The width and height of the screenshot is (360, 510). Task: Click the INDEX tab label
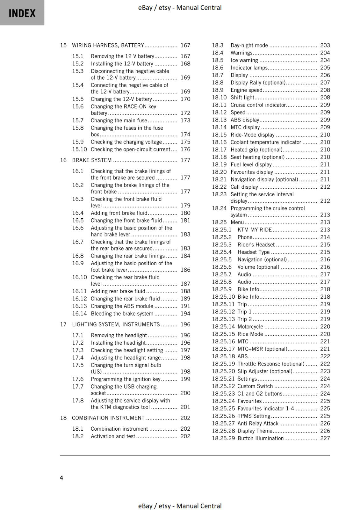click(22, 13)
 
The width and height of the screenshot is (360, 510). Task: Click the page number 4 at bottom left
click(61, 477)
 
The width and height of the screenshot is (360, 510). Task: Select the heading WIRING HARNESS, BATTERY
click(108, 45)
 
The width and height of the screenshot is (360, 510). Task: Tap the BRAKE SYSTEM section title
click(92, 160)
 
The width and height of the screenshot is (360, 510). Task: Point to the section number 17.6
click(78, 379)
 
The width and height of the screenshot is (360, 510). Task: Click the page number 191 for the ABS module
click(185, 306)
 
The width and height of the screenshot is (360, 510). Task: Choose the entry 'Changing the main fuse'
click(119, 120)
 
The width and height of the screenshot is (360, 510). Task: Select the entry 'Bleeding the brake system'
click(122, 314)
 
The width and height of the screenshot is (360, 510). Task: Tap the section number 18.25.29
click(223, 438)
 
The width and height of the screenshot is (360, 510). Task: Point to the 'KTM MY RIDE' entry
click(255, 229)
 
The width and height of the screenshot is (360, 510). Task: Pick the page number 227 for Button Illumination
click(325, 438)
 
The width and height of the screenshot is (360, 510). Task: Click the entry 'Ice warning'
click(244, 60)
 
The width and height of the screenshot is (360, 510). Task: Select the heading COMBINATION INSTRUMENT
click(108, 418)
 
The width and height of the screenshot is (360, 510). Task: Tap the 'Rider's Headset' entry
click(256, 244)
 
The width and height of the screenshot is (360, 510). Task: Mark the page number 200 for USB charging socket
click(185, 393)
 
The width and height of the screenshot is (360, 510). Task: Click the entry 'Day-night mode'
click(249, 45)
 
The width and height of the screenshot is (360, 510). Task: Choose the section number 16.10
click(79, 277)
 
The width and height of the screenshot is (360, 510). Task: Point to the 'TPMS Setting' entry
click(254, 416)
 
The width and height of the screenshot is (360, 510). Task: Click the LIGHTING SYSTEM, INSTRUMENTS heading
click(116, 324)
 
